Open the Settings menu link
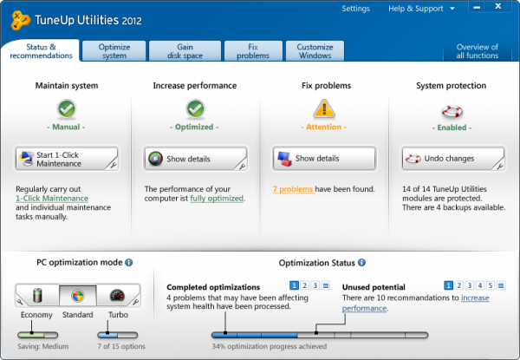pos(355,9)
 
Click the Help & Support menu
pos(421,9)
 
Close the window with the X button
pos(497,6)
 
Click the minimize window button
pos(477,6)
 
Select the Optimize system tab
pos(114,51)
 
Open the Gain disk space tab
pos(185,51)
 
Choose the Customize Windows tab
pos(315,51)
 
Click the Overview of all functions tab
pos(478,51)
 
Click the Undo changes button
pos(453,159)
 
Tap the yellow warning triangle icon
pos(324,108)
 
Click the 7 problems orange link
pos(293,189)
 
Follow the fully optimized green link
pos(217,199)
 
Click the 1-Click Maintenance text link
pos(52,199)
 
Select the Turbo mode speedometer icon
pos(117,295)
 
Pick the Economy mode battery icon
pos(37,295)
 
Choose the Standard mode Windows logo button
pos(78,295)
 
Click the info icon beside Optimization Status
pos(361,263)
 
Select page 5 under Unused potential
pos(491,285)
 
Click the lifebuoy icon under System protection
pos(452,112)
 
